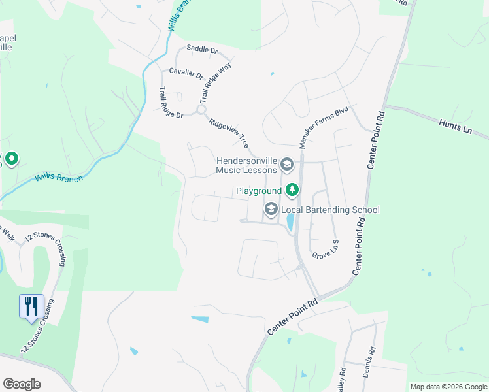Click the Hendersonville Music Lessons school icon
286,163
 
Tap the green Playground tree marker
292,190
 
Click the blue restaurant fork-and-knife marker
31,305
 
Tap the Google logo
22,384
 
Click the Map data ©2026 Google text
448,387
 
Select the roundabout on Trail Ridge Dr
201,110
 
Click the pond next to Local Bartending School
290,223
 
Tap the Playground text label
259,191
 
